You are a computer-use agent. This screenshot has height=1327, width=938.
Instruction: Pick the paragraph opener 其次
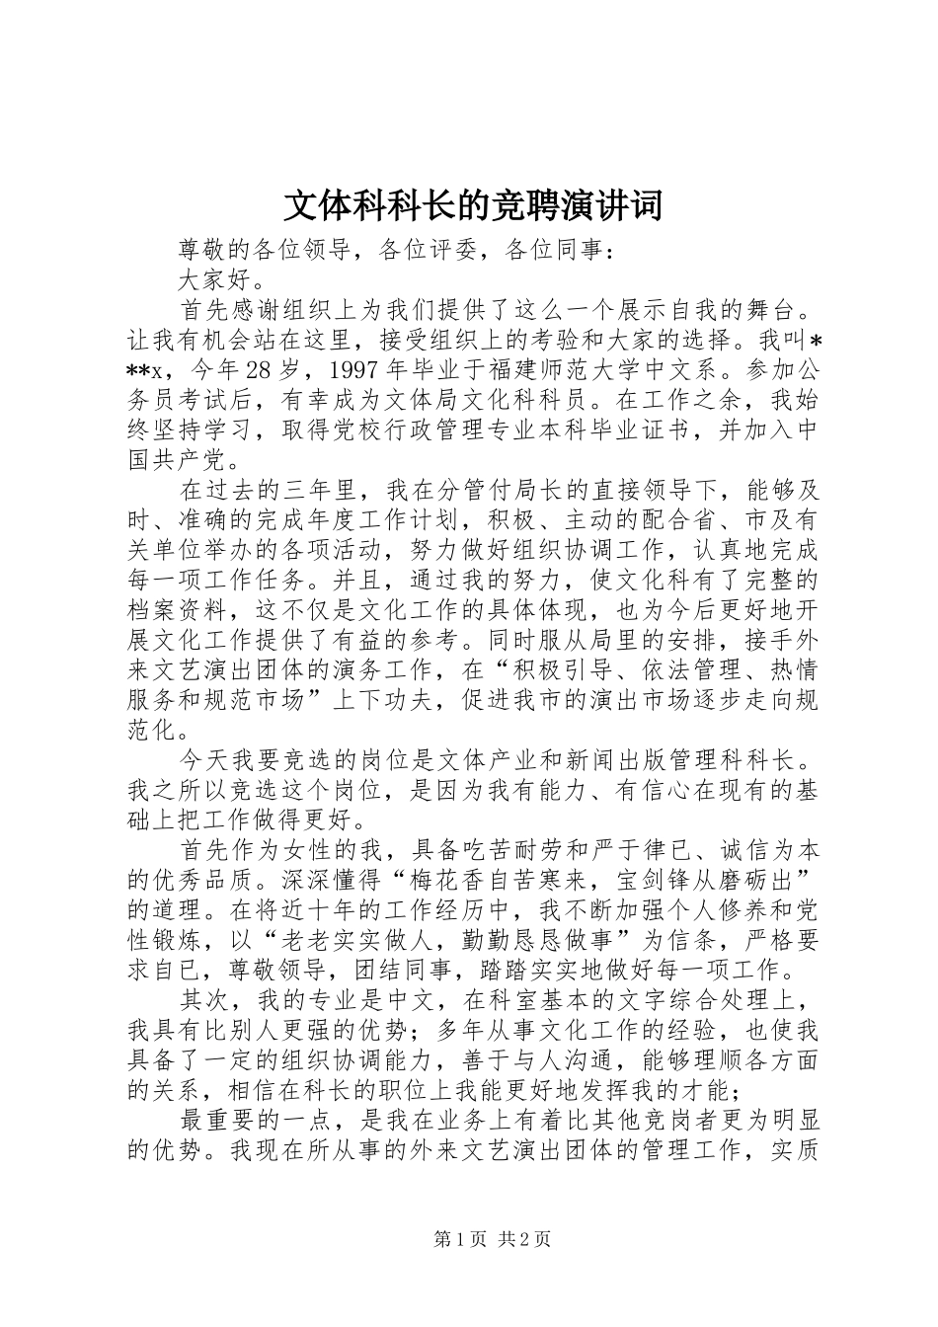pyautogui.click(x=202, y=1000)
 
